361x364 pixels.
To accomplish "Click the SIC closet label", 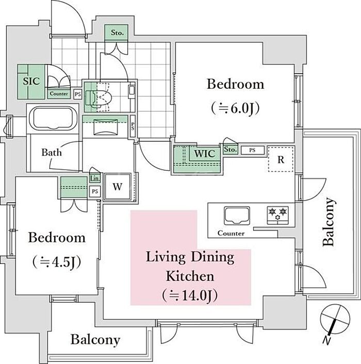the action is pos(31,81).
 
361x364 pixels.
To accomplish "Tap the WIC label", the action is pos(204,154).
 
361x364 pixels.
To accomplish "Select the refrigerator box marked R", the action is pos(281,159).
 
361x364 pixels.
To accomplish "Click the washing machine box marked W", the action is pos(118,187).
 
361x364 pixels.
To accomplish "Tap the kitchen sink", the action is pos(237,216).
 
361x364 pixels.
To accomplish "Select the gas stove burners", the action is pos(277,215).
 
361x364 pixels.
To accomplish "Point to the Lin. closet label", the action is pos(95,178).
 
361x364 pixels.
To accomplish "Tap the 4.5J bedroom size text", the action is pos(57,262).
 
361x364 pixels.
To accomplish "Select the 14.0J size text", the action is pos(190,295).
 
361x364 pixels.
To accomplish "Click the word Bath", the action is pos(52,153).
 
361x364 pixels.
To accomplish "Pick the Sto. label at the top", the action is pos(117,32).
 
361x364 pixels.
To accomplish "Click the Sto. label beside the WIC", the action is pos(230,150).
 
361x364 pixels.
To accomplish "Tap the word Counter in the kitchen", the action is pos(231,233).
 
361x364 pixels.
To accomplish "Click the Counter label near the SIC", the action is pos(59,94).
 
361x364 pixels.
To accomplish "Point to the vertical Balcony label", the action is pos(329,222).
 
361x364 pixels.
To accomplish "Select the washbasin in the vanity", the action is pos(106,127).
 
